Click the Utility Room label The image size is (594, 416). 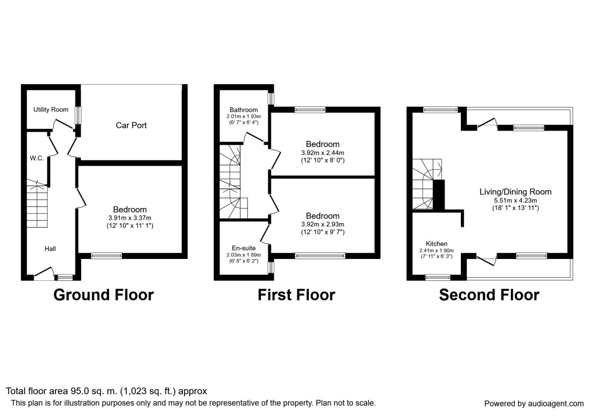[51, 109]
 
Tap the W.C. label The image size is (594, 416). [37, 158]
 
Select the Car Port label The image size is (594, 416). [131, 125]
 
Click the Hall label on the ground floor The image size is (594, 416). [49, 249]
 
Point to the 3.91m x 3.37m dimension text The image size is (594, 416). [129, 218]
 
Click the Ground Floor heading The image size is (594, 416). [103, 295]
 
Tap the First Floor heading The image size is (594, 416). [296, 295]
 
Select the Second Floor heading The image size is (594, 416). [489, 295]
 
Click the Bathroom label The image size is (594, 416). [244, 109]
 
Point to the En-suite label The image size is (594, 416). [244, 248]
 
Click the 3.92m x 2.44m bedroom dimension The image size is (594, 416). [322, 153]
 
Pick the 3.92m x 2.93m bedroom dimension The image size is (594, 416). [322, 224]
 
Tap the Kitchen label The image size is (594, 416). [437, 244]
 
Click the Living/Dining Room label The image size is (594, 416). [515, 192]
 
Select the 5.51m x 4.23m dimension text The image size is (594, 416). [515, 200]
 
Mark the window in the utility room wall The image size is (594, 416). [77, 116]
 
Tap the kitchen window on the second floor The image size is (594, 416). [438, 277]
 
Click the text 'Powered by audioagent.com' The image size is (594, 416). [534, 404]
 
